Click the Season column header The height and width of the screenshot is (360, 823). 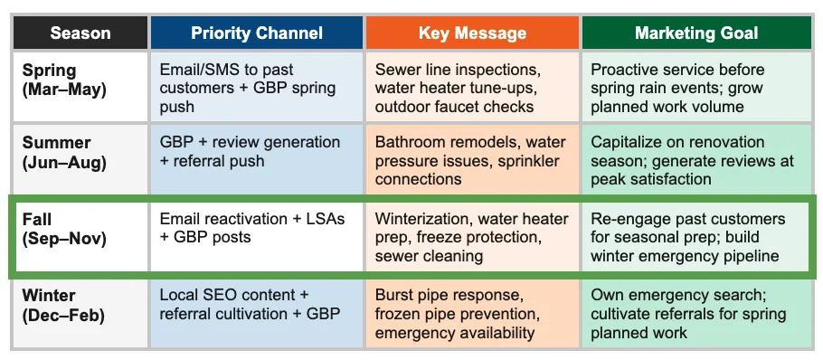80,33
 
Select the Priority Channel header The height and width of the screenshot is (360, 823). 257,33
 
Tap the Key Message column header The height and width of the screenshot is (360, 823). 472,33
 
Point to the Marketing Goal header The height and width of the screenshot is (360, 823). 696,33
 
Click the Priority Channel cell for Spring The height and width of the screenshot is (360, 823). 257,88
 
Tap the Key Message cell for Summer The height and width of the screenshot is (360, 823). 472,160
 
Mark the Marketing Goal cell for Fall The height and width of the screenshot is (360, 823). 696,237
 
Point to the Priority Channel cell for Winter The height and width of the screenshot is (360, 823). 257,305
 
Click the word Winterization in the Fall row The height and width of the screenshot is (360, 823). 422,220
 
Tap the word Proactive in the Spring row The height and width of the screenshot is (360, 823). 626,70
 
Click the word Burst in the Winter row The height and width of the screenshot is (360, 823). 394,296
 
